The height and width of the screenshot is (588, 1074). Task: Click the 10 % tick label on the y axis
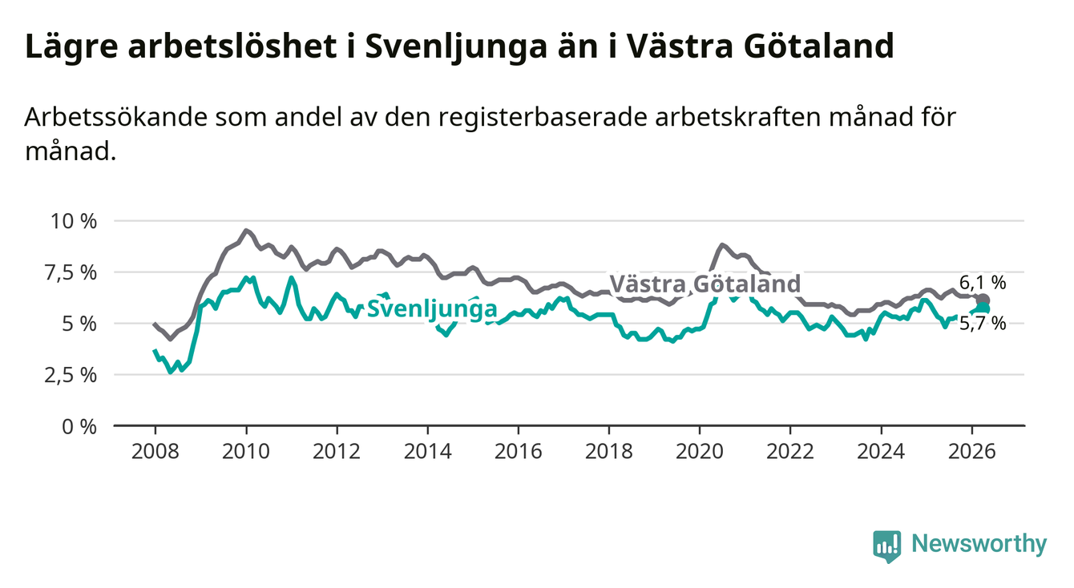click(74, 221)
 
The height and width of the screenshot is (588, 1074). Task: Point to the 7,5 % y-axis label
click(71, 272)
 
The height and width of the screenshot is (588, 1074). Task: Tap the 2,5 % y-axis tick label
click(71, 375)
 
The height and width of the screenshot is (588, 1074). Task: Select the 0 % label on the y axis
click(79, 426)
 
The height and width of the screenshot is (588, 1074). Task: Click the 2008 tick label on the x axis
click(155, 452)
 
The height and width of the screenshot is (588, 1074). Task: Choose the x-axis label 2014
click(427, 452)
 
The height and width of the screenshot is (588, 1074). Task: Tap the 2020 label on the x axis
click(700, 452)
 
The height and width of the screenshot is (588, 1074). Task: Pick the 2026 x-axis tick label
click(972, 452)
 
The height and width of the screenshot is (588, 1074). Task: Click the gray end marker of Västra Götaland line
click(983, 300)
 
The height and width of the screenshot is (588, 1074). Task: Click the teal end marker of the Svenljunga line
click(983, 308)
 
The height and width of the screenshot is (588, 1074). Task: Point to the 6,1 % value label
click(983, 283)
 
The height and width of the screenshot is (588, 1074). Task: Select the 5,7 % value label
click(983, 324)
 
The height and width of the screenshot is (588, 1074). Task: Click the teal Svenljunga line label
click(432, 308)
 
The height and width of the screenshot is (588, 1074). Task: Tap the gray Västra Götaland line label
click(705, 284)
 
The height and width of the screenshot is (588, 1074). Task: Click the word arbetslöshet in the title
click(232, 46)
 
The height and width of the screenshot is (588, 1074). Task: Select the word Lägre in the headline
click(71, 48)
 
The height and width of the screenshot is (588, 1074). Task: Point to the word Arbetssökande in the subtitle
click(115, 118)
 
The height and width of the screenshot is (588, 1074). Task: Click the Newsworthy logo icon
click(886, 546)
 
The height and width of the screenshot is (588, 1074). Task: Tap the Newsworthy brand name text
click(979, 544)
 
